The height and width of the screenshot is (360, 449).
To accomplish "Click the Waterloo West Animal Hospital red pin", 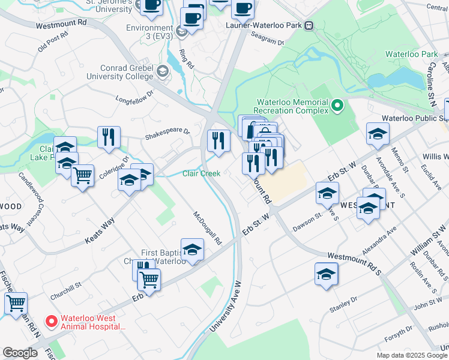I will point(52,322).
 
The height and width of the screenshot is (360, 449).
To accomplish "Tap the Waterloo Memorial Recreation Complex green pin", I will point(337,107).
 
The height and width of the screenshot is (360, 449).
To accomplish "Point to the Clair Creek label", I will point(201,174).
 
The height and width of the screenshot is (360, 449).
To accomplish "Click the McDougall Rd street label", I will point(208,228).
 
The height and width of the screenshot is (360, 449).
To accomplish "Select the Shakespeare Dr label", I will point(167,133).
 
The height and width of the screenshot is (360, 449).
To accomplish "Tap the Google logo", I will point(20,353).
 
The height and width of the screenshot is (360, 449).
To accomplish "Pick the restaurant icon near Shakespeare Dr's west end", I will point(109,136).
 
